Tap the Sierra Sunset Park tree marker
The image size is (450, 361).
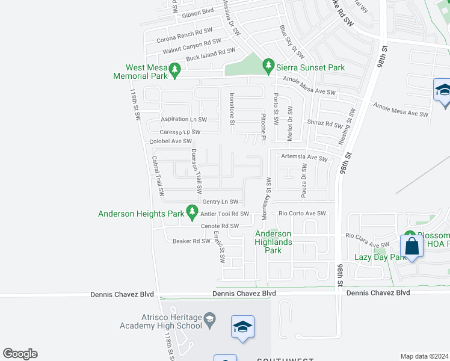click(x=268, y=64)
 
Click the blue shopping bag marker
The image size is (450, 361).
click(x=412, y=247)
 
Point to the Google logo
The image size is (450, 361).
click(x=20, y=354)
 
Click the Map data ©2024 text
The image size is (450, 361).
click(x=424, y=356)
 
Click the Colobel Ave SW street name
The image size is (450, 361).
click(x=170, y=141)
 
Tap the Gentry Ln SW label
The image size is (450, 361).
click(x=220, y=202)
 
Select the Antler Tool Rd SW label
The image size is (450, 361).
click(x=225, y=214)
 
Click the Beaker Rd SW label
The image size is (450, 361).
click(x=191, y=241)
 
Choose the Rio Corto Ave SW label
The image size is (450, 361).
click(x=302, y=214)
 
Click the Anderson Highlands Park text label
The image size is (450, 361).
click(x=273, y=242)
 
